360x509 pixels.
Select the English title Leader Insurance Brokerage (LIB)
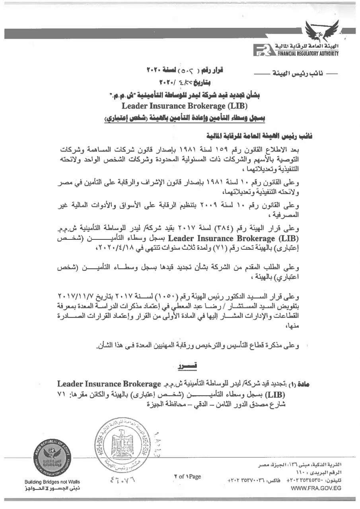click(x=185, y=106)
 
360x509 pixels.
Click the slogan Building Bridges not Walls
click(x=52, y=482)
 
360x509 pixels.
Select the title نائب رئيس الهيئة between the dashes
click(x=285, y=74)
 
